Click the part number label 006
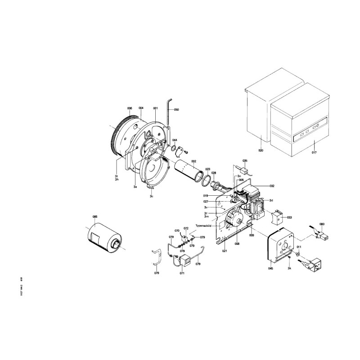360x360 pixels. click(130, 108)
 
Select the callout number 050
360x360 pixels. click(176, 110)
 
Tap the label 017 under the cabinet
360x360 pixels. click(314, 153)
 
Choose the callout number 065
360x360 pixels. click(95, 217)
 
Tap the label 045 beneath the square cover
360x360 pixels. click(270, 268)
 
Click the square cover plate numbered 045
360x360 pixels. click(281, 248)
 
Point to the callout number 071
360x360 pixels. click(182, 273)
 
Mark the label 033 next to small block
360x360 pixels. click(289, 217)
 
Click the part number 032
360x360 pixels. click(272, 185)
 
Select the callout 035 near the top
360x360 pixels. click(245, 161)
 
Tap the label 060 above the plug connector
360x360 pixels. click(322, 224)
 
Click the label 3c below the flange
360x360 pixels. click(152, 197)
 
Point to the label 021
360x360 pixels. click(225, 251)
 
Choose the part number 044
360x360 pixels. click(175, 140)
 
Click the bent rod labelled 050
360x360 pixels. click(168, 112)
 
